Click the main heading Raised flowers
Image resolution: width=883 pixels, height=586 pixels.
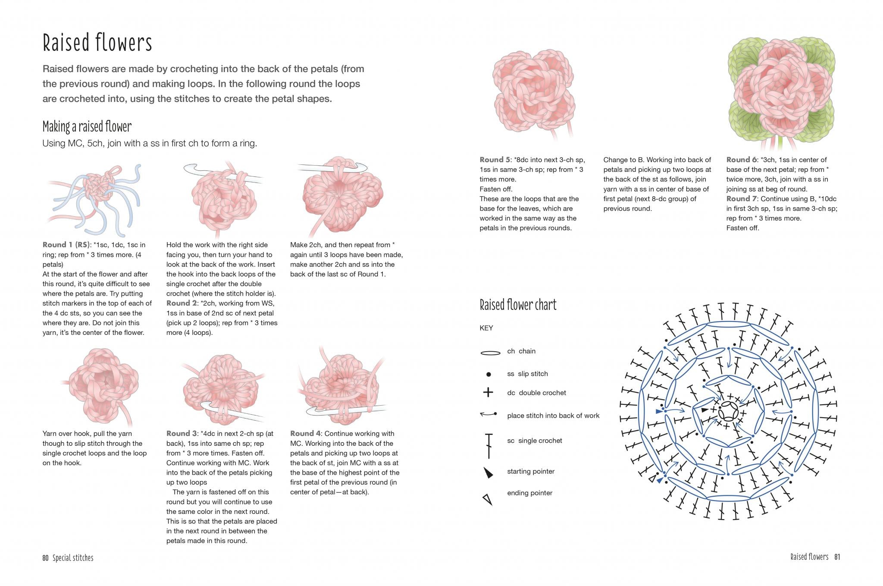(97, 43)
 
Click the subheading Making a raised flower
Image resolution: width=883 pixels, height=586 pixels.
(87, 127)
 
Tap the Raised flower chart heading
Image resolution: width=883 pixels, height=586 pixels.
(518, 305)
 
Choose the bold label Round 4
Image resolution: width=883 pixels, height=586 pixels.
(305, 434)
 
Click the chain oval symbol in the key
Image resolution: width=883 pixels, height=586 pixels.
(490, 353)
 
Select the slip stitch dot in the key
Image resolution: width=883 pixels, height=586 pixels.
(488, 375)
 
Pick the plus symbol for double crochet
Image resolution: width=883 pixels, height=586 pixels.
(488, 392)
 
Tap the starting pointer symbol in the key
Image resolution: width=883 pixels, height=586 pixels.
(488, 473)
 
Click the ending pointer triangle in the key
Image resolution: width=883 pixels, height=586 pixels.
(488, 500)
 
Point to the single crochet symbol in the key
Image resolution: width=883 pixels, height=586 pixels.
(488, 446)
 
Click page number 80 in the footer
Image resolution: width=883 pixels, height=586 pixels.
(45, 558)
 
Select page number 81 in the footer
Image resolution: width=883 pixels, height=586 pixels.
(837, 557)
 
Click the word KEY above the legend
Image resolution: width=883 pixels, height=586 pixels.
(486, 328)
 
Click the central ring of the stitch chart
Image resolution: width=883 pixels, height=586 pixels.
(728, 411)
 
